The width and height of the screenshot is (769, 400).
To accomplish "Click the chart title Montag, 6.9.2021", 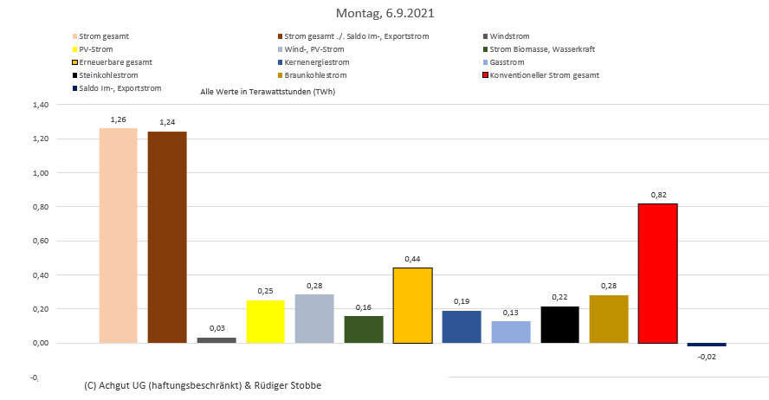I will (384, 14).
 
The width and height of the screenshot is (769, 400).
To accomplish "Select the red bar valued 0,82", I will (657, 273).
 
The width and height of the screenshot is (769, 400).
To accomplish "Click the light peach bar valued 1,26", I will (119, 235).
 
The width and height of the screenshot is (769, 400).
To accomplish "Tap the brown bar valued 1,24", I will (167, 237).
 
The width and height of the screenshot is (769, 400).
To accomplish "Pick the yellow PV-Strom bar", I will (265, 321).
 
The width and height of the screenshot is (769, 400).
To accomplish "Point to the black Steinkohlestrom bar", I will (560, 325).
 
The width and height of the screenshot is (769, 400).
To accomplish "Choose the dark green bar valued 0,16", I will (363, 329).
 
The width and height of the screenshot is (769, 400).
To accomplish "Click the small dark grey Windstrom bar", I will (216, 340).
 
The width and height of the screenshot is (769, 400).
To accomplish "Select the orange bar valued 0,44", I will (412, 305).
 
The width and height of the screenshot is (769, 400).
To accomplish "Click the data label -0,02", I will (706, 356).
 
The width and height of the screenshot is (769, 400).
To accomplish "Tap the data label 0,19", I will (461, 302).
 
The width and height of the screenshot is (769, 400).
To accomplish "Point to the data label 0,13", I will (510, 313).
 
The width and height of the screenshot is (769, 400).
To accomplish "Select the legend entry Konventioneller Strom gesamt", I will (544, 75).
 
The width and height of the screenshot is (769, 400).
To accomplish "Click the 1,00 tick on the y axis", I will (40, 173).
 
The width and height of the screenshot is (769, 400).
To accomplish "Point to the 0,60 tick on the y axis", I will (40, 242).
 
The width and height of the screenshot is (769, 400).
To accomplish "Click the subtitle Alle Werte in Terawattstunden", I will (268, 91).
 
